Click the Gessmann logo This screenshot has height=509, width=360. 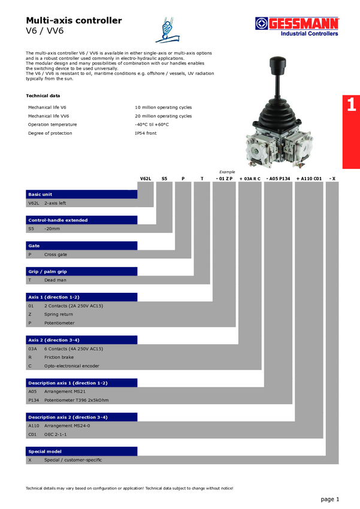point(297,26)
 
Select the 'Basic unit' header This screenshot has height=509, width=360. point(82,195)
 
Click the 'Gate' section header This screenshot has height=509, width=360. point(82,246)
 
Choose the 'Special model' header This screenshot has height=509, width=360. point(82,451)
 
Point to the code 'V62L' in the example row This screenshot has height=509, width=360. point(146,178)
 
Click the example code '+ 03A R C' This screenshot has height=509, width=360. point(250,178)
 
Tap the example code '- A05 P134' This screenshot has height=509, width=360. point(278,178)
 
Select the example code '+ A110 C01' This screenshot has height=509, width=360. point(309,178)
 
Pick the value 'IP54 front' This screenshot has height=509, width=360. point(146,133)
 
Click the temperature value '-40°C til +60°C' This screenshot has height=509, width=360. point(152,125)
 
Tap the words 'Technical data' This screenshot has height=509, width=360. point(43,95)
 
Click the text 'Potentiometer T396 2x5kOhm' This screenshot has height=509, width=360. point(76,400)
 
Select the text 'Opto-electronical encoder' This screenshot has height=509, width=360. point(71,365)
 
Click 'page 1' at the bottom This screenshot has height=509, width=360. point(330,499)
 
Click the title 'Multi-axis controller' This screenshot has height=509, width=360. point(74,20)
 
